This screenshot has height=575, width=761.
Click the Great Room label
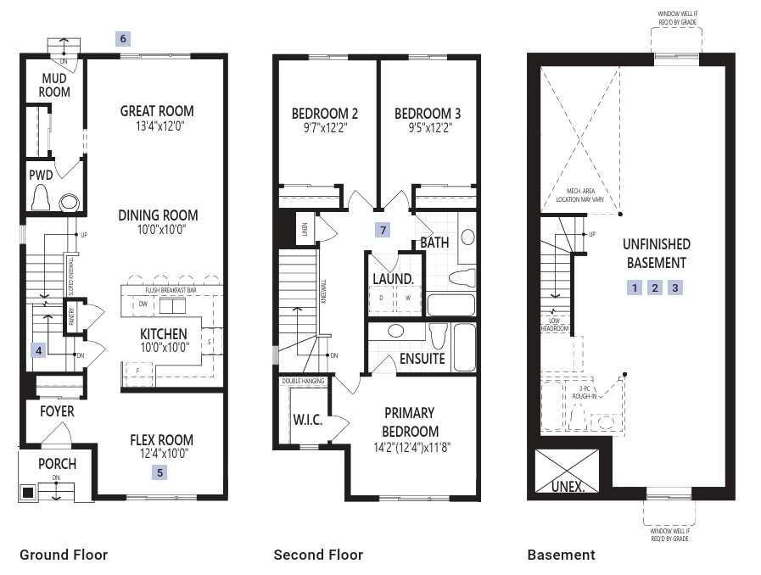[x=156, y=111]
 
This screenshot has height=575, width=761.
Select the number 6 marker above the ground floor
[x=124, y=38]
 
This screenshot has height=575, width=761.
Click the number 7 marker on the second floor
[x=383, y=230]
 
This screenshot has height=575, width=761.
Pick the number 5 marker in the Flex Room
[x=160, y=472]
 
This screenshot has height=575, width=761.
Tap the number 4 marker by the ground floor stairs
[x=37, y=349]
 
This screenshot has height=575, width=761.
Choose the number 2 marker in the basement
[x=654, y=287]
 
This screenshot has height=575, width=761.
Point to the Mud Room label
[x=55, y=86]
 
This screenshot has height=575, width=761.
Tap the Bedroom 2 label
[x=324, y=114]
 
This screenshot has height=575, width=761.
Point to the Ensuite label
[x=422, y=359]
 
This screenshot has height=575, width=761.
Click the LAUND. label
[x=393, y=278]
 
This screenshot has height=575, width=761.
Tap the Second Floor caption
[x=317, y=555]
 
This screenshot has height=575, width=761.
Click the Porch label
[x=57, y=464]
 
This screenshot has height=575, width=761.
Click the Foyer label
[x=57, y=411]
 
